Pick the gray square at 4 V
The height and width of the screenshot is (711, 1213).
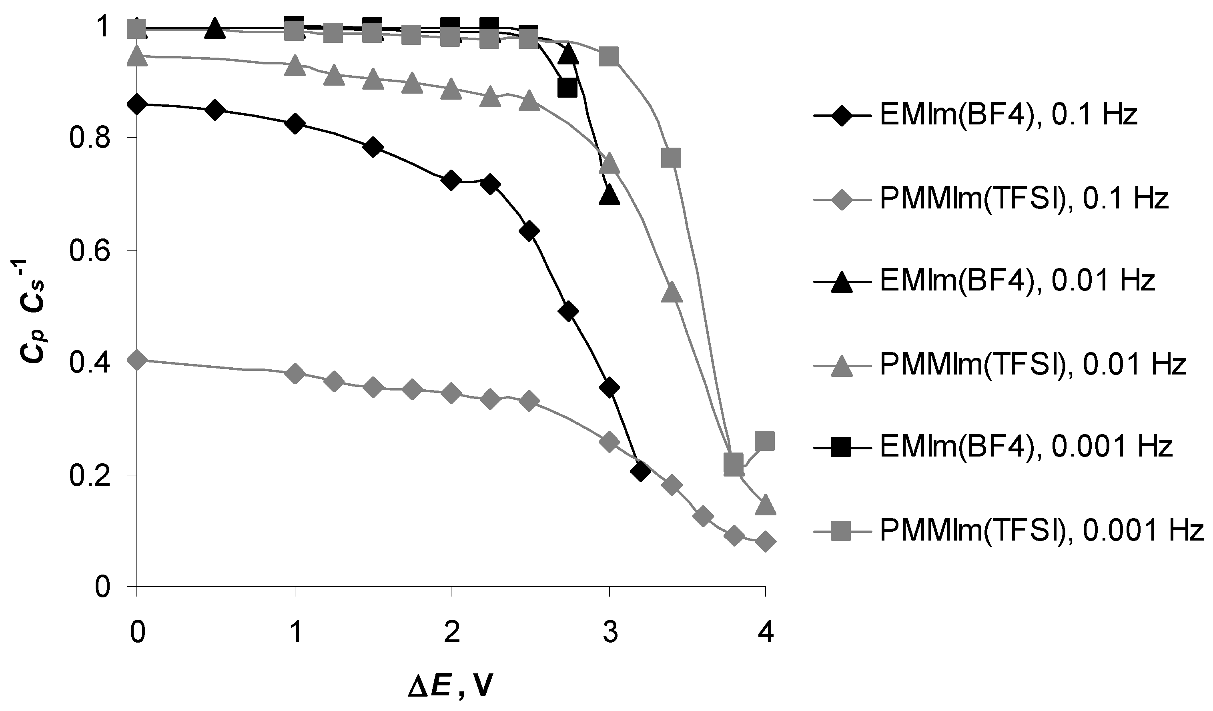pyautogui.click(x=765, y=441)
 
